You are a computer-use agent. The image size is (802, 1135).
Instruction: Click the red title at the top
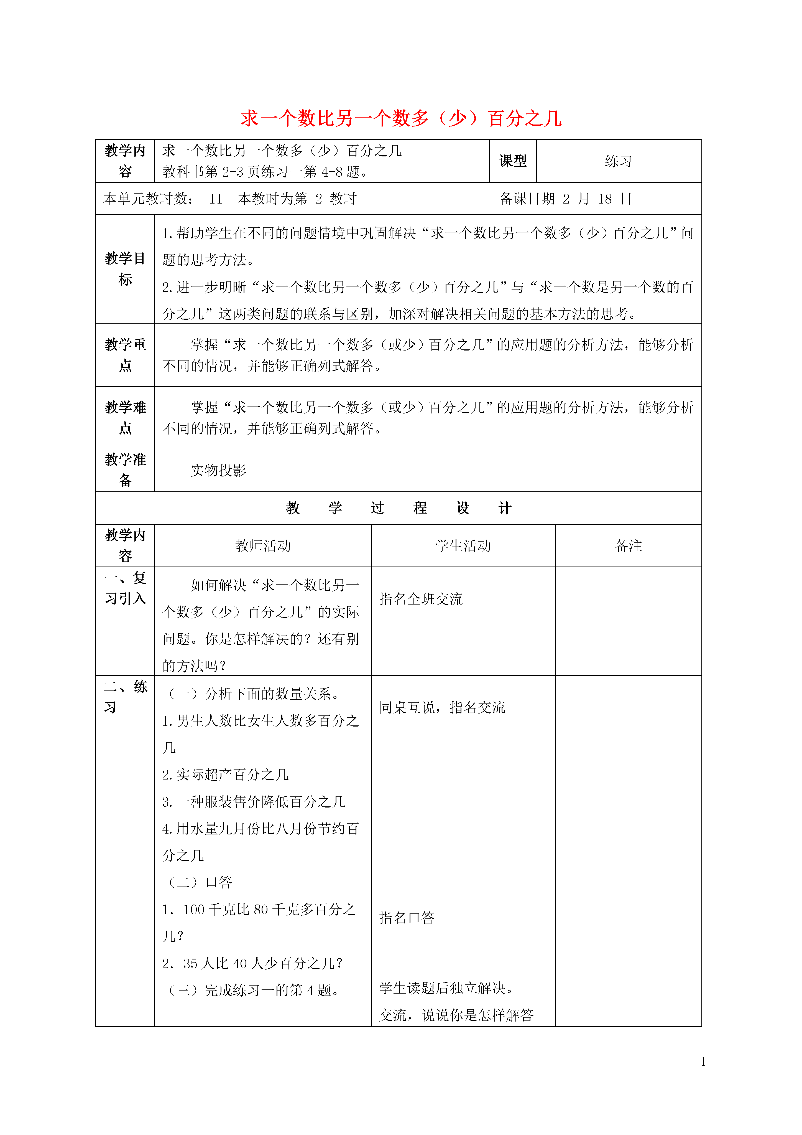(x=401, y=119)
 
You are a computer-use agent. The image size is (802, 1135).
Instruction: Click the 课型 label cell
(x=512, y=161)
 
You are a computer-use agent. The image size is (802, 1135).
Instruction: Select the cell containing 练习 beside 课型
(x=618, y=161)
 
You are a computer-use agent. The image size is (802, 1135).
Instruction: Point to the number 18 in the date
(x=605, y=199)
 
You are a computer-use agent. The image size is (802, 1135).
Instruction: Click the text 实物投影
(x=218, y=471)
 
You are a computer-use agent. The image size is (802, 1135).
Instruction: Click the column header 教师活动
(x=263, y=546)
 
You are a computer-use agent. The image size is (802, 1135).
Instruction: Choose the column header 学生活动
(x=463, y=546)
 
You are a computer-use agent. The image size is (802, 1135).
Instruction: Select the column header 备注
(x=628, y=546)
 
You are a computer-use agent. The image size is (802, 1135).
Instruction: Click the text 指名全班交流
(x=421, y=599)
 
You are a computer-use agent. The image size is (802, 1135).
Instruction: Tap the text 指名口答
(x=407, y=918)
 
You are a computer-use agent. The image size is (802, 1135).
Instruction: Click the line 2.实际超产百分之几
(x=225, y=775)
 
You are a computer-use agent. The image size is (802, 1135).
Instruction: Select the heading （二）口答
(x=200, y=882)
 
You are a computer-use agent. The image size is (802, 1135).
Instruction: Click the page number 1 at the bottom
(x=703, y=1062)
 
